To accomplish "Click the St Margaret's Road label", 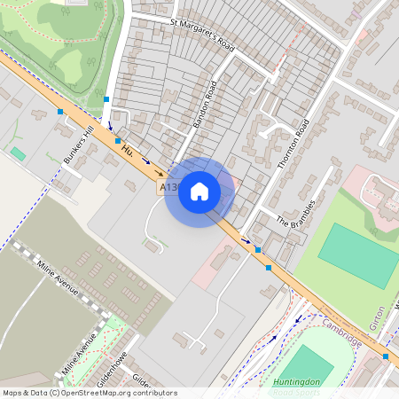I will [x=201, y=32].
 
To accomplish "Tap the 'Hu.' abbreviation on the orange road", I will [x=128, y=152].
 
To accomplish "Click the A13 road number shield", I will [x=168, y=188].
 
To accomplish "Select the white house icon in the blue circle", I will [x=199, y=192].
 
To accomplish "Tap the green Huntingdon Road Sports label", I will [x=295, y=387].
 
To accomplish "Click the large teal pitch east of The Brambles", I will [x=358, y=255].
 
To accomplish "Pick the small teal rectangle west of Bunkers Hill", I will [x=18, y=153].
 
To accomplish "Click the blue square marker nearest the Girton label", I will [x=386, y=356].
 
